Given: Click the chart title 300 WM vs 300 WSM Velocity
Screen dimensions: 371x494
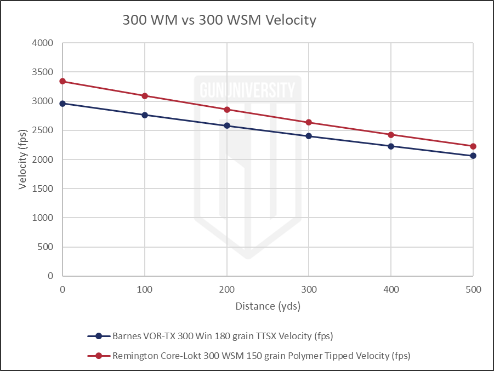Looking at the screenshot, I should point(219,21).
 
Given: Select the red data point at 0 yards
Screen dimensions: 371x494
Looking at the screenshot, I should point(63,81).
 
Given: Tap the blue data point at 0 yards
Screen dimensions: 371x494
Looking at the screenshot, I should point(63,103).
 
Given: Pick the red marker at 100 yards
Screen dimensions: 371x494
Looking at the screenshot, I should point(145,96).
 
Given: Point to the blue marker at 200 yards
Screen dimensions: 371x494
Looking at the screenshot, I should point(227,125).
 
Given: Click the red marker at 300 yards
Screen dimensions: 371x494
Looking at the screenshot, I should point(309,122).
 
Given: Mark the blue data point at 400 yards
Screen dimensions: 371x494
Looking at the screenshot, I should point(391,146).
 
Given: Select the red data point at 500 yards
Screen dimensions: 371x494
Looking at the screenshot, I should point(473,146).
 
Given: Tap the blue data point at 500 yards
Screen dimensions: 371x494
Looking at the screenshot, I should point(473,156).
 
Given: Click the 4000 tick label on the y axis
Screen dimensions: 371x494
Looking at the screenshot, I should point(43,43).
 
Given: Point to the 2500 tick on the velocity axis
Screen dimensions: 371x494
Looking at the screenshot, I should point(43,130).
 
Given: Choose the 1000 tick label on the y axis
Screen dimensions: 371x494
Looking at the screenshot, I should point(43,218).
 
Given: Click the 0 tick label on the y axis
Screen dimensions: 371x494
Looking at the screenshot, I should point(50,276).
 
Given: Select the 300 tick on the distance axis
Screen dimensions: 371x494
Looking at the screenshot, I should point(309,289).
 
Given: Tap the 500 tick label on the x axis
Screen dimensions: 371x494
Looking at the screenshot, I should point(473,289).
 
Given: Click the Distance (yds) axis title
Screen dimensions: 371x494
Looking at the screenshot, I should point(268,306).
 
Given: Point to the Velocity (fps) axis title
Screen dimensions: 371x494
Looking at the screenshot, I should point(22,159).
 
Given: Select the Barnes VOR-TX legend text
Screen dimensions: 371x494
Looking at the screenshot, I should point(223,336).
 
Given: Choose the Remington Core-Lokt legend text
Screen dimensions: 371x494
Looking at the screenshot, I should point(261,356).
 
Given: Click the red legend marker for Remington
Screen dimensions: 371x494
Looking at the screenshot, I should point(99,356).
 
